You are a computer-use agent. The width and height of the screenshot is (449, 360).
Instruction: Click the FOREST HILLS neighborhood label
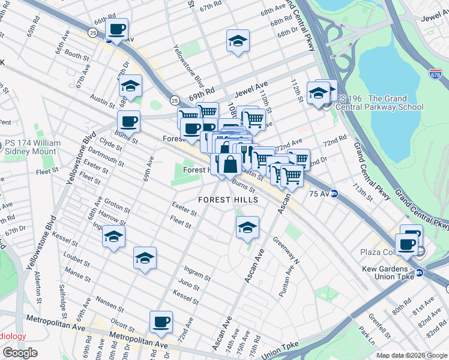point(229,200)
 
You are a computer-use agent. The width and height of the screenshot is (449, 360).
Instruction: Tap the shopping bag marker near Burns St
point(229,164)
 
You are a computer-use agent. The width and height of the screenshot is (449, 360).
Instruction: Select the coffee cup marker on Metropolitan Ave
point(160,322)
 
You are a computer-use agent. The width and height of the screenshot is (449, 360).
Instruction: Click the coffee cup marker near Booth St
point(117,29)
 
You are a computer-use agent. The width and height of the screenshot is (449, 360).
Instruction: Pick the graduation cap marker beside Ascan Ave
point(247,227)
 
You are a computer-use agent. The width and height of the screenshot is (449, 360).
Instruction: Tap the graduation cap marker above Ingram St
point(144,258)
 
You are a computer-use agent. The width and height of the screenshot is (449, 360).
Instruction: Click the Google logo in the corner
point(20,353)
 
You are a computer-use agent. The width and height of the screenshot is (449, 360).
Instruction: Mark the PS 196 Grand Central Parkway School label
point(379,103)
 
